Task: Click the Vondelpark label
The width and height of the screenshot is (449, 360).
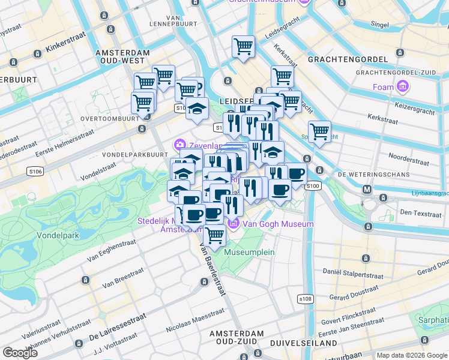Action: pyautogui.click(x=58, y=235)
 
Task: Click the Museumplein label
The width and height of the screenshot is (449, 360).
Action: pyautogui.click(x=249, y=252)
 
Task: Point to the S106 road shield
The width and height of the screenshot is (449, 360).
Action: pyautogui.click(x=35, y=172)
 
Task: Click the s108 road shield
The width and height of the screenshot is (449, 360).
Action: pyautogui.click(x=306, y=298)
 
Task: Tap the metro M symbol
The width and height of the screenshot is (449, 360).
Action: pyautogui.click(x=367, y=189)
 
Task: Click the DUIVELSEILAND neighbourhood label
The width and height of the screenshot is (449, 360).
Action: pyautogui.click(x=304, y=343)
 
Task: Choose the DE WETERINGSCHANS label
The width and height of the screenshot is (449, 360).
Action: pyautogui.click(x=373, y=175)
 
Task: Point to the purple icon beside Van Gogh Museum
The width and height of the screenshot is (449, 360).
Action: pyautogui.click(x=234, y=224)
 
